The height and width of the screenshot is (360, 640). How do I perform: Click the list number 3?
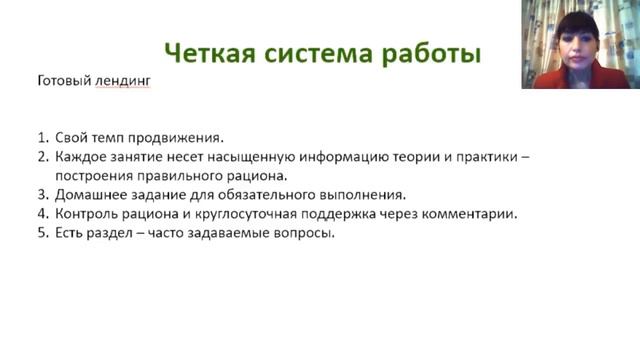point(42,195)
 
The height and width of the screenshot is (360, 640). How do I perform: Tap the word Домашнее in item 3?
point(93,195)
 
